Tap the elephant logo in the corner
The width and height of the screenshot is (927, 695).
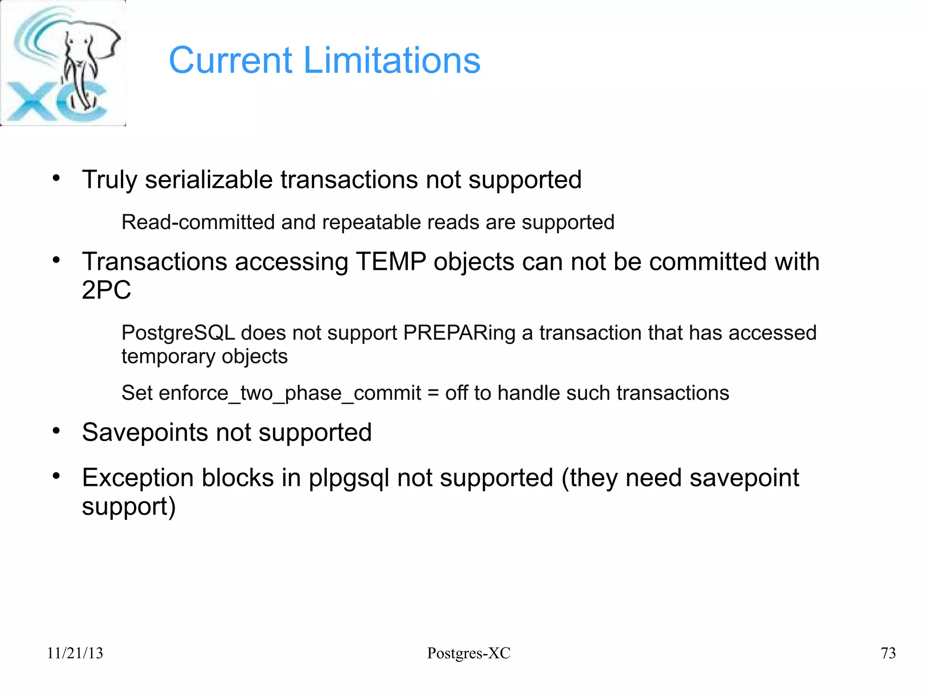(x=63, y=63)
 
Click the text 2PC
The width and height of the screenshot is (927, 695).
(x=106, y=290)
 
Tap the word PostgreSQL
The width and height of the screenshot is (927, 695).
(x=178, y=333)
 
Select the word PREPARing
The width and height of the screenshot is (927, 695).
(x=459, y=333)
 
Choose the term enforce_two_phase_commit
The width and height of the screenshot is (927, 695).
(x=290, y=393)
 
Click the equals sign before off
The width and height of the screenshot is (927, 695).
(x=433, y=393)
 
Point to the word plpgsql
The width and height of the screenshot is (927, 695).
(x=349, y=479)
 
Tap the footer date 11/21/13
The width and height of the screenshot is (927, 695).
(x=75, y=653)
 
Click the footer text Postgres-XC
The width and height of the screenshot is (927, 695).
(x=468, y=653)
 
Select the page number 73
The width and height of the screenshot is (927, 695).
(x=888, y=653)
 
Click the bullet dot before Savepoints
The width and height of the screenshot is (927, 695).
(x=56, y=431)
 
